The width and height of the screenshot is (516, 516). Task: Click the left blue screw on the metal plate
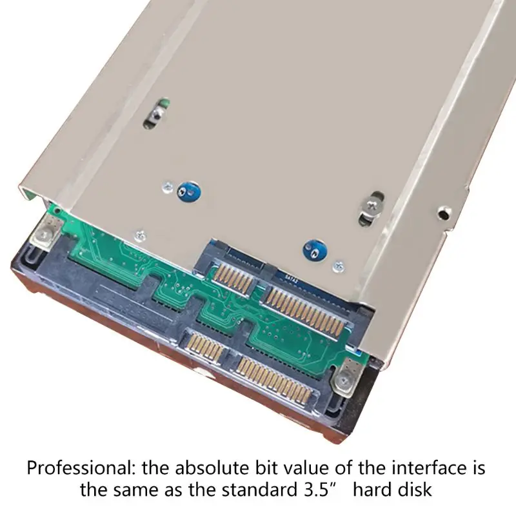(188, 192)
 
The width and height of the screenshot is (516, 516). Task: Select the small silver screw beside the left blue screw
(168, 187)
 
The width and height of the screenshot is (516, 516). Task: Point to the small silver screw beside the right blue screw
(339, 266)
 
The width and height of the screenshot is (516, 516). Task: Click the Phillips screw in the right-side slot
(373, 204)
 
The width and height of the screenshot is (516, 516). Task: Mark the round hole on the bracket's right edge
(444, 213)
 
